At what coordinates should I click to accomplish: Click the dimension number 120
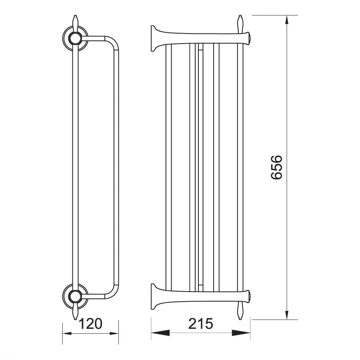pos(90,324)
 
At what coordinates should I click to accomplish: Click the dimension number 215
pos(201,324)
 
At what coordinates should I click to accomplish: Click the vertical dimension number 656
pos(276,167)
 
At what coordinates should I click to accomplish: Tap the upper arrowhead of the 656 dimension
pos(286,20)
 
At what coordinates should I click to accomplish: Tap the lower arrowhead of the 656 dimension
pos(286,314)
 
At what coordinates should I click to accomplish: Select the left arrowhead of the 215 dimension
pos(160,333)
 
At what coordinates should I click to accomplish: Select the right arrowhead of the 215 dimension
pos(241,333)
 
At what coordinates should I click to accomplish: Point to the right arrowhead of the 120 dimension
pos(114,333)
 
